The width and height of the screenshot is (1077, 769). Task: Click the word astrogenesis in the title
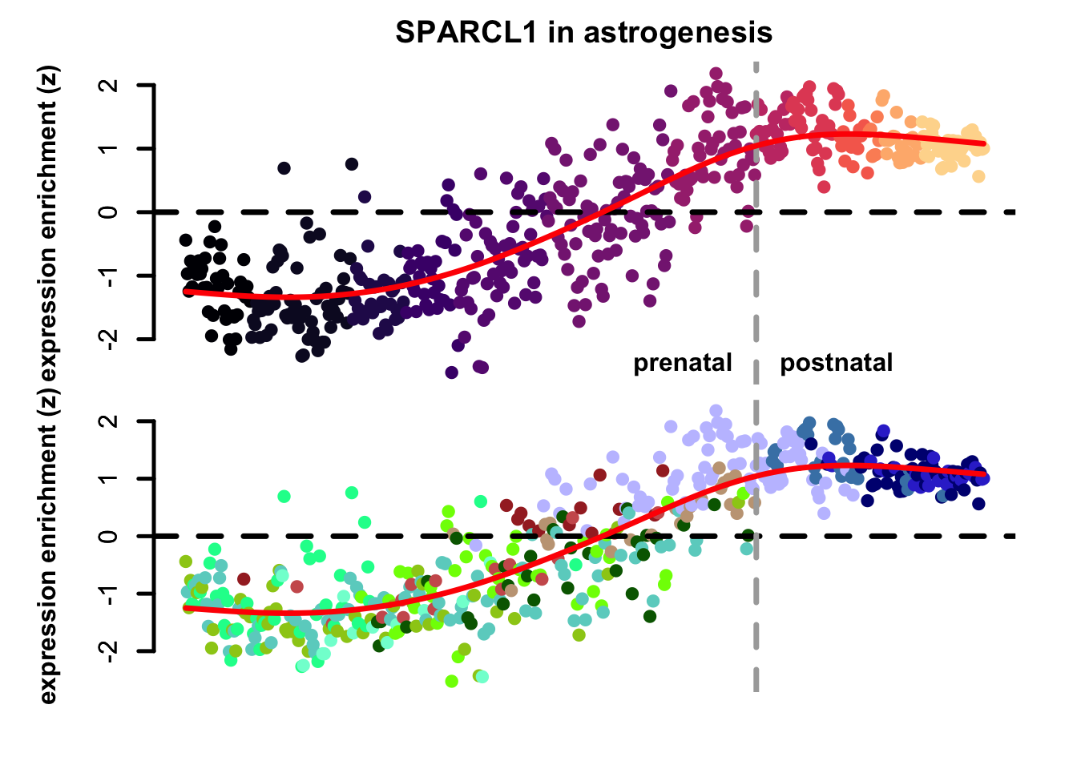point(678,33)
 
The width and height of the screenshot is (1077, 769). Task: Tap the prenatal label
point(683,363)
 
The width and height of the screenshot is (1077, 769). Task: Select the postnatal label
point(836,363)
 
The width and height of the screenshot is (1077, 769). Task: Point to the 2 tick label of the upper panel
point(112,85)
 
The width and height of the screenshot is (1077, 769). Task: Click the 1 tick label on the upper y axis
point(112,148)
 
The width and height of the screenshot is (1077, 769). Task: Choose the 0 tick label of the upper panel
point(112,212)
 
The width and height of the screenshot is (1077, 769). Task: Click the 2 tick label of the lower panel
point(112,421)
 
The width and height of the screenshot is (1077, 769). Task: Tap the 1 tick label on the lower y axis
point(112,478)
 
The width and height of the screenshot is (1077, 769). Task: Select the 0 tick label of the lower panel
point(112,536)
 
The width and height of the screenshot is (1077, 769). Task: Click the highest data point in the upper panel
point(716,74)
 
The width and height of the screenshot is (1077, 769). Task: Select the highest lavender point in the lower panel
point(716,411)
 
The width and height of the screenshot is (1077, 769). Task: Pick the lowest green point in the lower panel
point(451,681)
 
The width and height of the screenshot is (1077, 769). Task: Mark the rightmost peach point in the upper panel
point(984,148)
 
